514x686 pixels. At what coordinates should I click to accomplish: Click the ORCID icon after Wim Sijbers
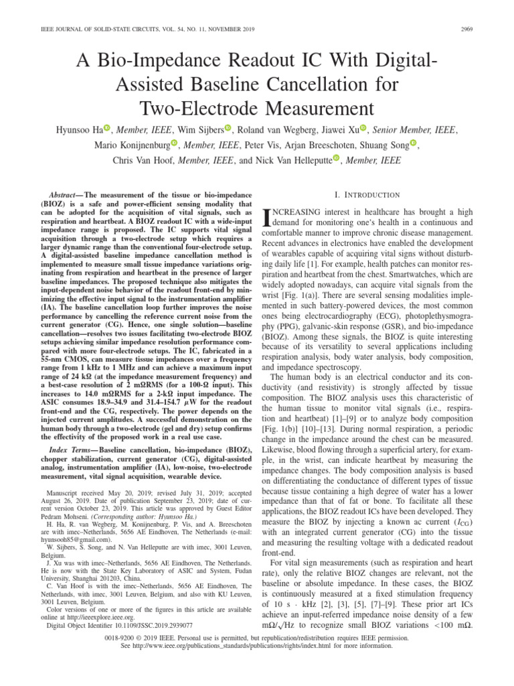click(228, 128)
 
